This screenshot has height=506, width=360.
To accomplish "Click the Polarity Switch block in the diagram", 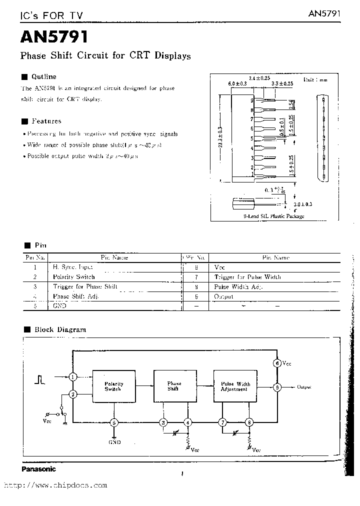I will point(113,386).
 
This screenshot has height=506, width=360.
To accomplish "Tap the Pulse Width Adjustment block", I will point(235,386).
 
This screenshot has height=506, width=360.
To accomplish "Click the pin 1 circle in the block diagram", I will point(73,376).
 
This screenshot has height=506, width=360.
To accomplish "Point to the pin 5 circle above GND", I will point(114,422).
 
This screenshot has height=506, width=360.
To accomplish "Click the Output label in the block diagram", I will point(304,387).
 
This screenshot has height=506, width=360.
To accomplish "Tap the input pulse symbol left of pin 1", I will point(39,379).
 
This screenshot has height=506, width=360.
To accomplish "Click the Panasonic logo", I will point(38,469).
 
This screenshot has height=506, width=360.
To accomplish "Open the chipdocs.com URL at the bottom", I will point(55,485).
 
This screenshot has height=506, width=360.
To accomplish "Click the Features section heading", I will point(46,121).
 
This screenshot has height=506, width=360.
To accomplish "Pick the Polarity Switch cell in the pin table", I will point(74,276).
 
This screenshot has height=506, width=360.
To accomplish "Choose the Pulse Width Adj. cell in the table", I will point(238,286).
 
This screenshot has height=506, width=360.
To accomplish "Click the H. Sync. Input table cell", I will point(73,267).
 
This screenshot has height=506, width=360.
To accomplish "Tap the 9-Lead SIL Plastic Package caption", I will point(274,216).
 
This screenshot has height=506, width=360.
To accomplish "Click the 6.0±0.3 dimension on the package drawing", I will point(237,84).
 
